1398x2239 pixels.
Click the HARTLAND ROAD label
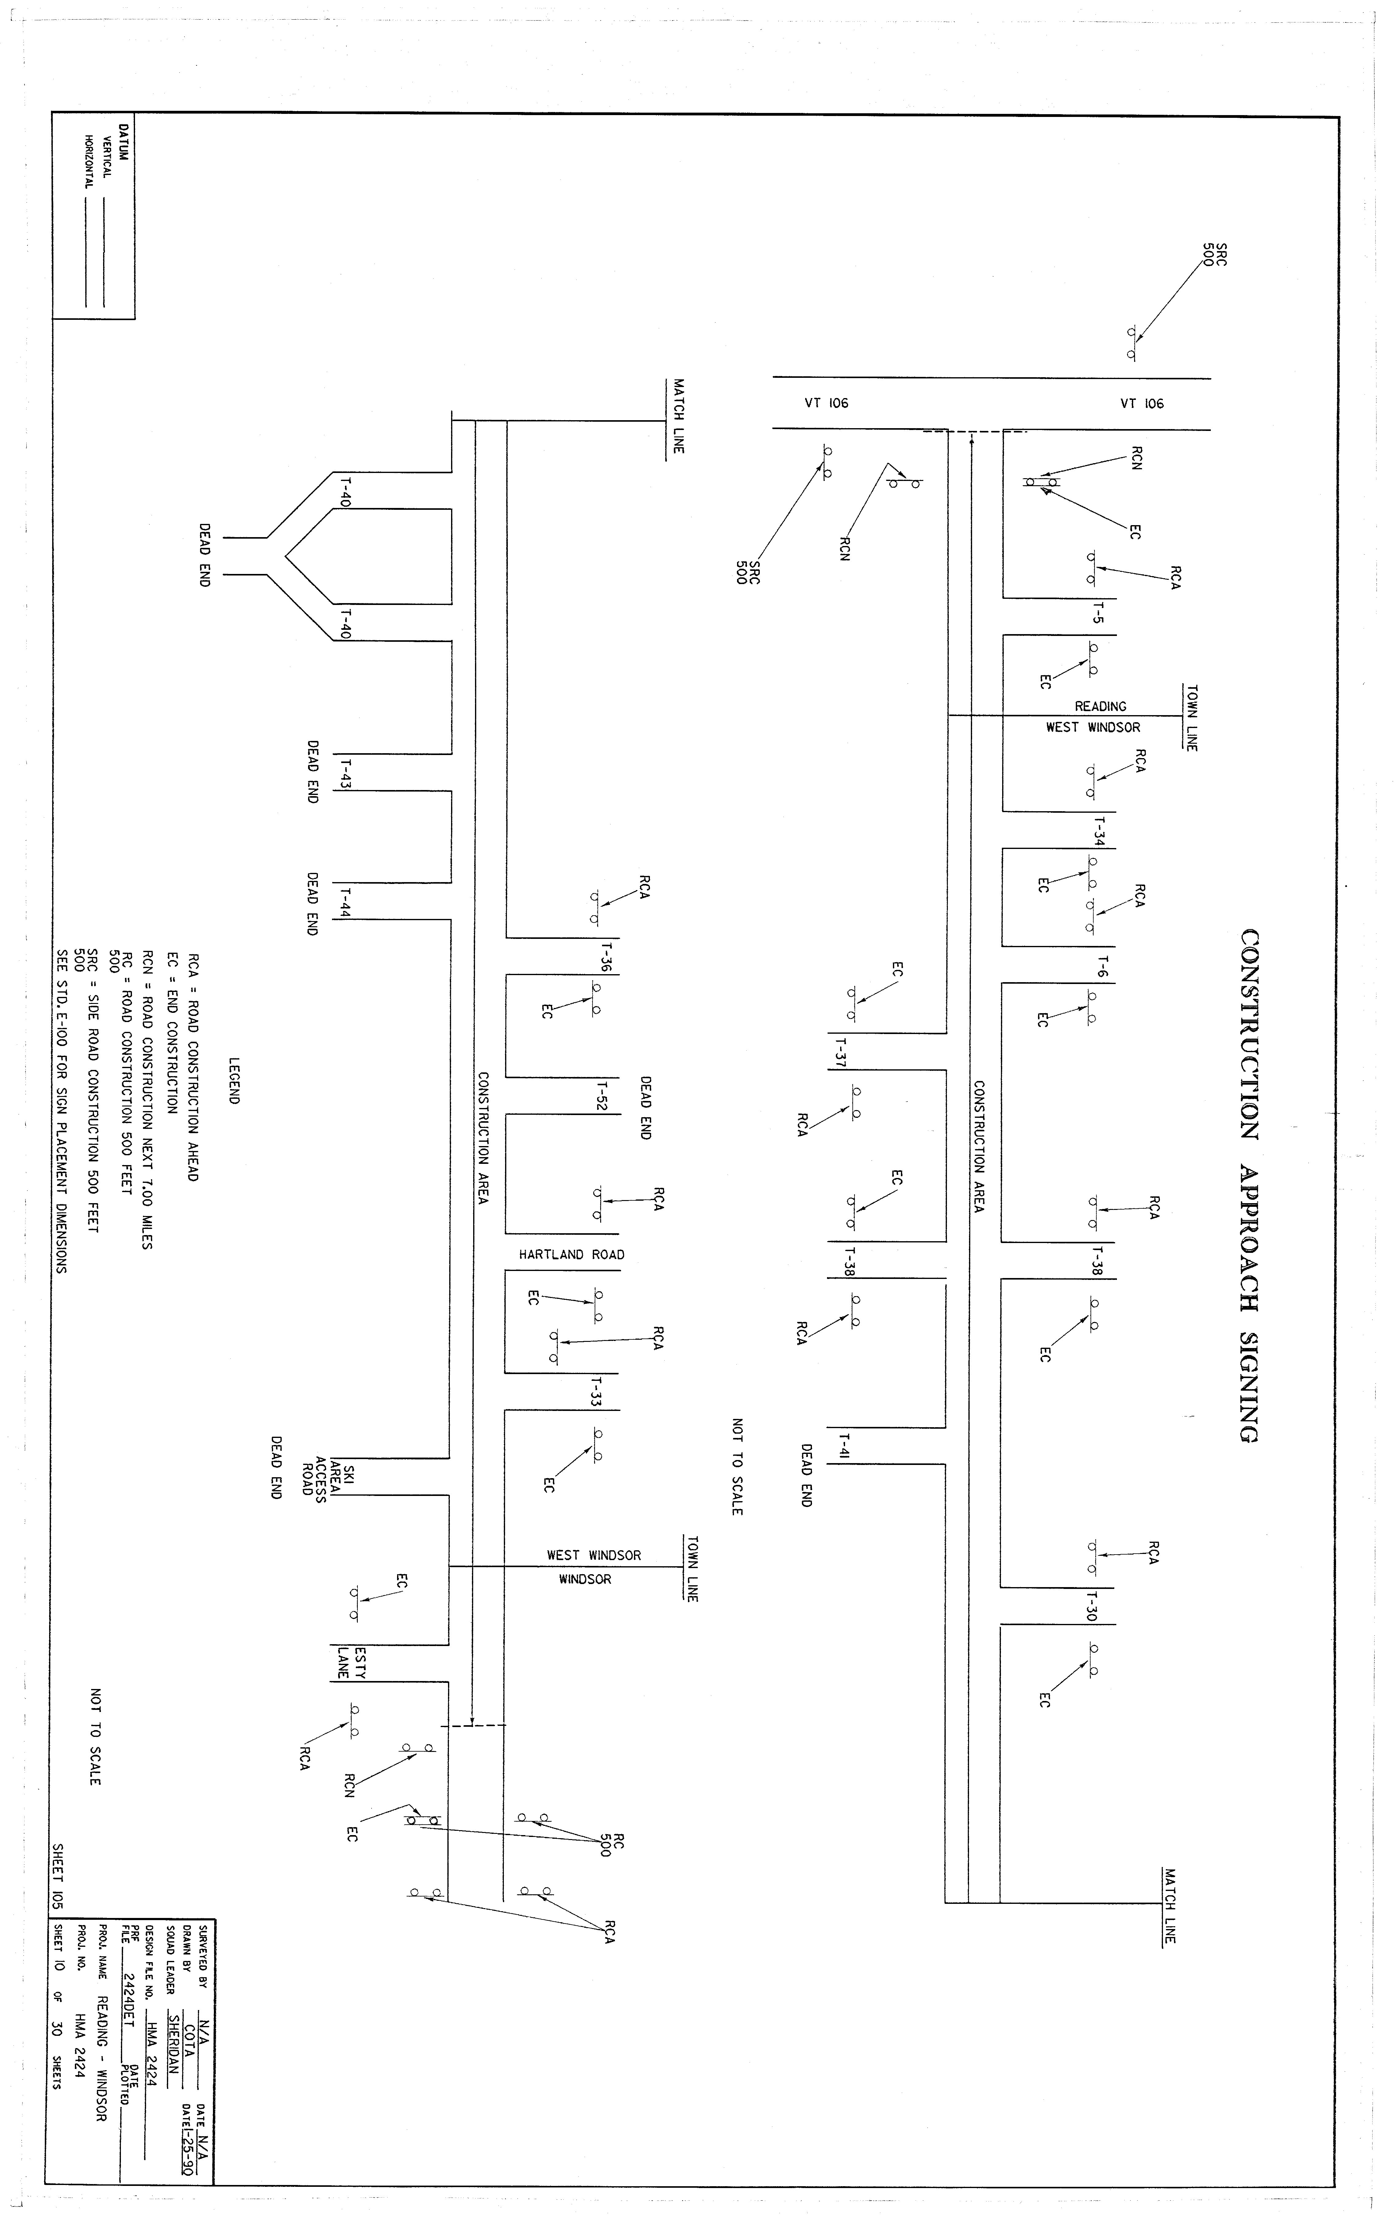tap(571, 1254)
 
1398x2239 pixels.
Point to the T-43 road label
tap(345, 773)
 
